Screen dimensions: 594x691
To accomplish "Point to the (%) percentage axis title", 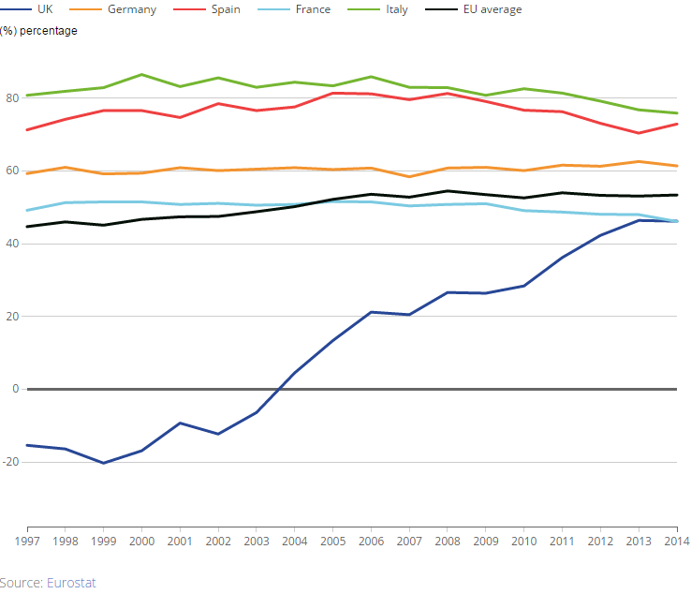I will (39, 31).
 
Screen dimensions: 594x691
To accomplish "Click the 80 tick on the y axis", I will (11, 98).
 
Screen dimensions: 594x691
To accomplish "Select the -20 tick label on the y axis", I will (9, 463).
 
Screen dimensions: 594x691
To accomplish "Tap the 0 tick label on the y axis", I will (14, 390).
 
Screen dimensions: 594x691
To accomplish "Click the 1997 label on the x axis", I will (26, 541).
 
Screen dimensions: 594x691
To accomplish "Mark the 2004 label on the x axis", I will (294, 541).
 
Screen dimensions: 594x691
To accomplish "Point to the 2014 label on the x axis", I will (676, 541).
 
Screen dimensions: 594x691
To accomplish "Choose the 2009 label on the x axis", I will (485, 541).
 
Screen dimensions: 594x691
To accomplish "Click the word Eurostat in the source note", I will (71, 583).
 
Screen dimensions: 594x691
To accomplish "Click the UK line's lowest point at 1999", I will (103, 463).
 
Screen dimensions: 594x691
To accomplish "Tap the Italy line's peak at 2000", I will (141, 74).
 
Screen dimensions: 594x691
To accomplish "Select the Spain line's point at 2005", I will (332, 93).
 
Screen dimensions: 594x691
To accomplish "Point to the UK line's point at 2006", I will (371, 312).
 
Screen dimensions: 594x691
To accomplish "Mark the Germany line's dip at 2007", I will (409, 176).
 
